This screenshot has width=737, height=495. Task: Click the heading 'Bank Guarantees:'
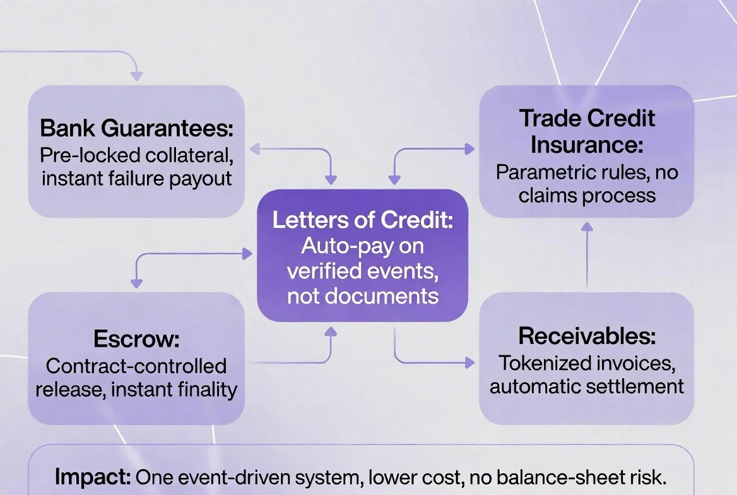pos(136,128)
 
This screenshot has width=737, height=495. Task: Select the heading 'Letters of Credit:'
pos(363,220)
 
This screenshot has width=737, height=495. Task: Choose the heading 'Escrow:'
pos(136,339)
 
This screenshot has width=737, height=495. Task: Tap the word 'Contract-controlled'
pos(136,366)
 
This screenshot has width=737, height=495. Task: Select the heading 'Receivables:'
pos(587,336)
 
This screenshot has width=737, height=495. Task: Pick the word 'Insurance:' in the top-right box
pos(587,144)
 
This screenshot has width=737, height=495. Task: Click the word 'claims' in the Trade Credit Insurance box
pos(548,195)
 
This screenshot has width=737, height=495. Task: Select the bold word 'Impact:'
pos(93,477)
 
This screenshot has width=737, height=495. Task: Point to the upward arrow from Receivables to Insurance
pos(587,256)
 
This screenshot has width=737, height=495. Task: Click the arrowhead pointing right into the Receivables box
pos(469,362)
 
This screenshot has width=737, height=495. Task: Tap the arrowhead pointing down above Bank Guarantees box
pos(136,76)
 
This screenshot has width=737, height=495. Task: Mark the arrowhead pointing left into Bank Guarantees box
pos(254,150)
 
